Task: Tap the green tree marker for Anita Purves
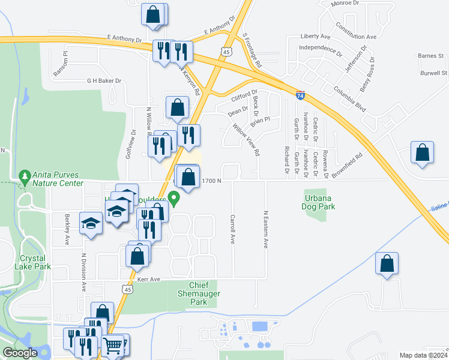[x=25, y=178]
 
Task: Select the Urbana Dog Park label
[x=318, y=202]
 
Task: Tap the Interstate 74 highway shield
[x=300, y=95]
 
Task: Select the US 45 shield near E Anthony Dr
[x=226, y=52]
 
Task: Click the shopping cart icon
[x=113, y=345]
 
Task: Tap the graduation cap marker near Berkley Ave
[x=91, y=224]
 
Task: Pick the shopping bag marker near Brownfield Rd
[x=423, y=154]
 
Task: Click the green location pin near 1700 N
[x=174, y=198]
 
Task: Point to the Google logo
[x=20, y=353]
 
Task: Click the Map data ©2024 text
[x=423, y=355]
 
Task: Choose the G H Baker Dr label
[x=104, y=81]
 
